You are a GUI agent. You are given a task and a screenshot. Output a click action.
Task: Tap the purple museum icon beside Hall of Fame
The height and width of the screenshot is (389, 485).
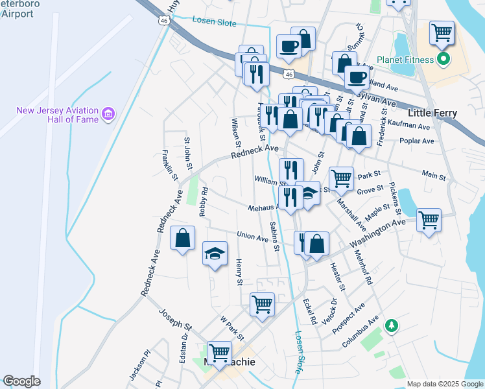[108, 116]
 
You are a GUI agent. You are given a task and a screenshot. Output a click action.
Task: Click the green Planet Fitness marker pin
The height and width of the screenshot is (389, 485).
[444, 61]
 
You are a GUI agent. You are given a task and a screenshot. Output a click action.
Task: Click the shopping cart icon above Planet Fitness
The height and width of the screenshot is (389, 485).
[442, 31]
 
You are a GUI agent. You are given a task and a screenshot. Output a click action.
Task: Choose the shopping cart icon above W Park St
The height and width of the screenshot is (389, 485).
[262, 303]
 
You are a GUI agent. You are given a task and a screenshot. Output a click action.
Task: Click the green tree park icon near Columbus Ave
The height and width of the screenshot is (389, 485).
[391, 324]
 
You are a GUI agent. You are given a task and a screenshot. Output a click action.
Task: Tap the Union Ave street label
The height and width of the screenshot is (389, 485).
[253, 237]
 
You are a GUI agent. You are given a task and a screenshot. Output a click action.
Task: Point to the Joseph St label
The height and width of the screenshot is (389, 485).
[177, 318]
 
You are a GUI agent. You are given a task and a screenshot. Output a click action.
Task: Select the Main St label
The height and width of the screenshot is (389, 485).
[434, 175]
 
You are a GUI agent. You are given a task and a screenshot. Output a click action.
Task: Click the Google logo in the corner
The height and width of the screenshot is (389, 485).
[21, 381]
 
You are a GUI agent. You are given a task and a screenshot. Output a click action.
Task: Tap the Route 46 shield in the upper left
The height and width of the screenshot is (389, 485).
[163, 21]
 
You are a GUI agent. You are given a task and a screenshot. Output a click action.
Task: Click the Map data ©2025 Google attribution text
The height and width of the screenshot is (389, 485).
[445, 384]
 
